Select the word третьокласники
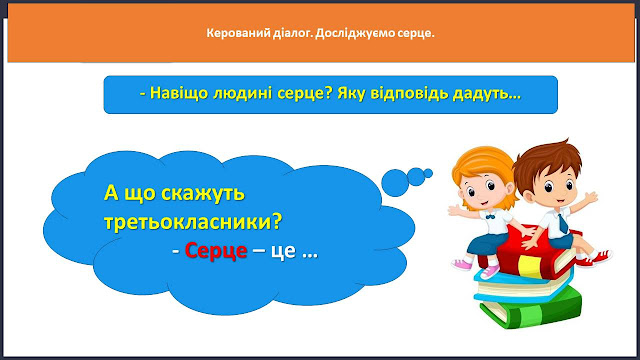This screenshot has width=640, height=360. coord(193,222)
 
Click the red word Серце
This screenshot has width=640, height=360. coord(216,250)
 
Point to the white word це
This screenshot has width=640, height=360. coord(283,251)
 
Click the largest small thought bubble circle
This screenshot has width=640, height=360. coord(395,182)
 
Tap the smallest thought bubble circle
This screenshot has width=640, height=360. coord(428,173)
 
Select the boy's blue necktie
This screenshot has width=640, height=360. coord(563,223)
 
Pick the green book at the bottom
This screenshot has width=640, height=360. coord(531,308)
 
